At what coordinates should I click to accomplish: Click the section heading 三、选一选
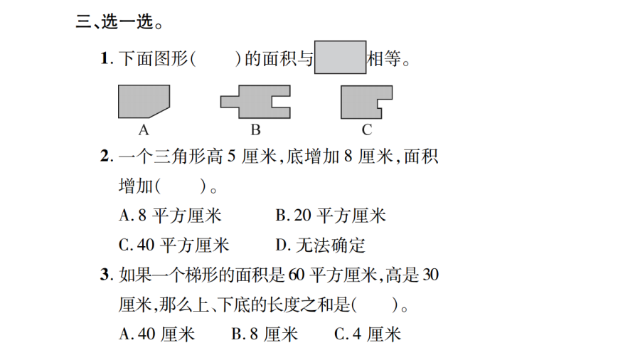coord(119,21)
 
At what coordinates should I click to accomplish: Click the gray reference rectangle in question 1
coord(341,57)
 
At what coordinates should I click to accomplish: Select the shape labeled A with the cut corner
coord(144,101)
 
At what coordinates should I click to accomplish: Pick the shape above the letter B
coord(255,102)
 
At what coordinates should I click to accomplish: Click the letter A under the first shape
coord(144,130)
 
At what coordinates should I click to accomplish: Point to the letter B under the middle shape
coord(255,130)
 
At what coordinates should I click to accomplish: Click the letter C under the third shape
coord(367,130)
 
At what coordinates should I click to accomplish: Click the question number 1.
coord(107,58)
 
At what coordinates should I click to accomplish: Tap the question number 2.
coord(107,156)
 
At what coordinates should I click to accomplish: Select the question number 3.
coord(107,275)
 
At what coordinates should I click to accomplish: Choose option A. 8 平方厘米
coord(170,216)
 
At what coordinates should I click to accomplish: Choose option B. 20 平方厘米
coord(331,216)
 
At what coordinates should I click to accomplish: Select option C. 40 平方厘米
coord(174,245)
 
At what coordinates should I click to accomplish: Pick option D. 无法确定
coord(321,245)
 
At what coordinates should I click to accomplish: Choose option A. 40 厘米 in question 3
coord(156,334)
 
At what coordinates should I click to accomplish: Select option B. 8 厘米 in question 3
coord(265,334)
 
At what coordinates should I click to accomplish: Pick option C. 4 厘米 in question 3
coord(368,334)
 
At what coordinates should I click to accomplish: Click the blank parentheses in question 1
coord(215,59)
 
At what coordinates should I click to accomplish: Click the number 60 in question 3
coord(297,275)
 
